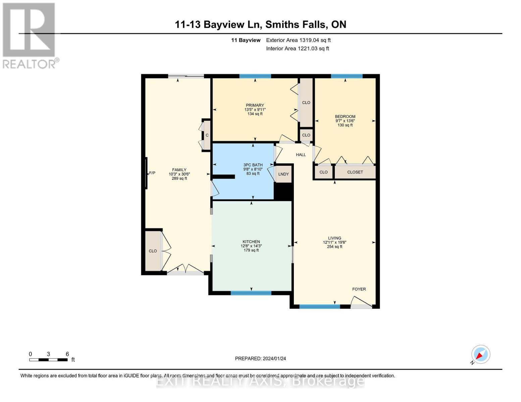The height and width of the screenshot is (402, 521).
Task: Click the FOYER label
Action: pyautogui.click(x=359, y=289)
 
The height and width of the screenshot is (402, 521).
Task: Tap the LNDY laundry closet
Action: pyautogui.click(x=283, y=174)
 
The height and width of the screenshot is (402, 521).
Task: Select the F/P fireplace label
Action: pyautogui.click(x=152, y=173)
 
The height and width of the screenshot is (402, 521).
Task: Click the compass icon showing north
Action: pyautogui.click(x=480, y=354)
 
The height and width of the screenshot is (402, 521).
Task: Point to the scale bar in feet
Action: pyautogui.click(x=48, y=359)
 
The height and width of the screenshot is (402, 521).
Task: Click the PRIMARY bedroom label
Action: pyautogui.click(x=255, y=105)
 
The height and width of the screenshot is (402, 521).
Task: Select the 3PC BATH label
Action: pyautogui.click(x=253, y=165)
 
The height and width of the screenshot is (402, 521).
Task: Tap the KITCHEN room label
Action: pyautogui.click(x=251, y=242)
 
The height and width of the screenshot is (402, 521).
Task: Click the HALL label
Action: pyautogui.click(x=301, y=155)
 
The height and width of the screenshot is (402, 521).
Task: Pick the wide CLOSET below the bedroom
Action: pyautogui.click(x=355, y=172)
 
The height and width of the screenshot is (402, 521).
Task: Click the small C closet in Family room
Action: pyautogui.click(x=207, y=135)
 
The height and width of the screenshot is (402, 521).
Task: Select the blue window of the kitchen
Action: pyautogui.click(x=251, y=293)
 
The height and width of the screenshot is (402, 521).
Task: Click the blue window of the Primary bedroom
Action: pyautogui.click(x=255, y=76)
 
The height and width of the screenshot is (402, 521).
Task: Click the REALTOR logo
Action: pyautogui.click(x=30, y=36)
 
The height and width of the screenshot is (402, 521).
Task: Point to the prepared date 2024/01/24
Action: pyautogui.click(x=260, y=358)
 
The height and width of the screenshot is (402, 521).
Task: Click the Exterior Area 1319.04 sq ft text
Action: pyautogui.click(x=298, y=40)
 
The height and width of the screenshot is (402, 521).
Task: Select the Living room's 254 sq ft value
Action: pyautogui.click(x=334, y=247)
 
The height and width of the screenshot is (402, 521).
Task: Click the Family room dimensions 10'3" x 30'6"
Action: pyautogui.click(x=179, y=174)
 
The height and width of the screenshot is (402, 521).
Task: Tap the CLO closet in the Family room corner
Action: pyautogui.click(x=153, y=251)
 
